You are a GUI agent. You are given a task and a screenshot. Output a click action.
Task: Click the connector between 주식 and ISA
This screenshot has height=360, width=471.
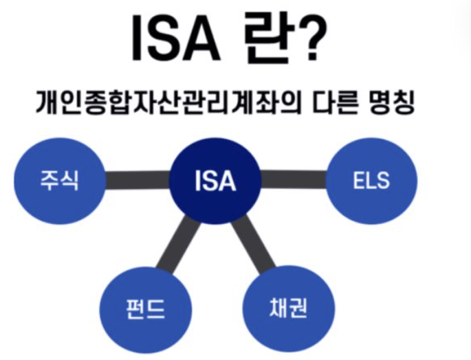137,181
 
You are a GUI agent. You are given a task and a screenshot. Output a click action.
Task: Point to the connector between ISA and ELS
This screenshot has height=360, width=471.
294,181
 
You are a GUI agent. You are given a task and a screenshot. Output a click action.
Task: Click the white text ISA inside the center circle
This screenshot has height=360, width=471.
215,182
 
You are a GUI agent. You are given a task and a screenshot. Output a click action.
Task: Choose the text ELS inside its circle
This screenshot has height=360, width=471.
371,182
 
